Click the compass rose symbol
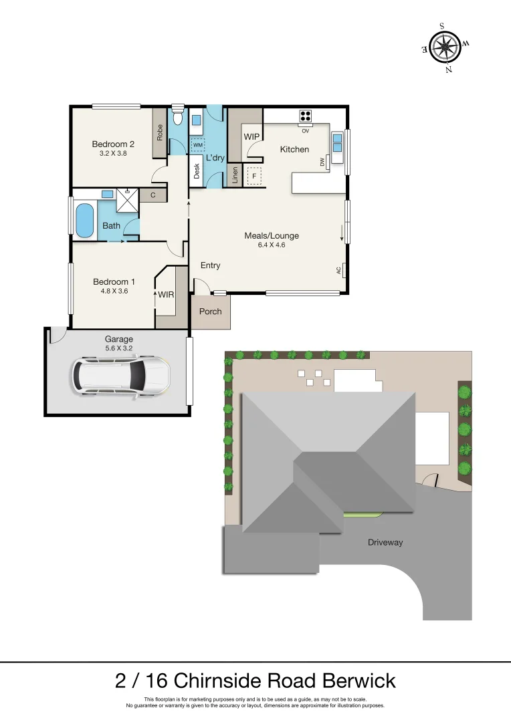(x=445, y=47)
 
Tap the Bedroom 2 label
(x=114, y=144)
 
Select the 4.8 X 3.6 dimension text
(x=114, y=291)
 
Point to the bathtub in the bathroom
(x=84, y=221)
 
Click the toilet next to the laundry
(x=177, y=118)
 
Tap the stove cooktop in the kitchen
(x=306, y=116)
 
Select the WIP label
(x=251, y=136)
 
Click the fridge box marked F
(x=253, y=176)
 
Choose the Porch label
(x=211, y=312)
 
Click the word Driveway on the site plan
(x=385, y=542)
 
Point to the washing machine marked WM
(x=198, y=144)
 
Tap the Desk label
(x=197, y=171)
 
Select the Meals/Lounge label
(x=272, y=235)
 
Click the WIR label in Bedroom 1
(x=167, y=293)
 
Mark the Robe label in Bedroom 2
(x=160, y=133)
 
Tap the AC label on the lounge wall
(x=338, y=271)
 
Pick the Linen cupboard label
(x=235, y=176)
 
